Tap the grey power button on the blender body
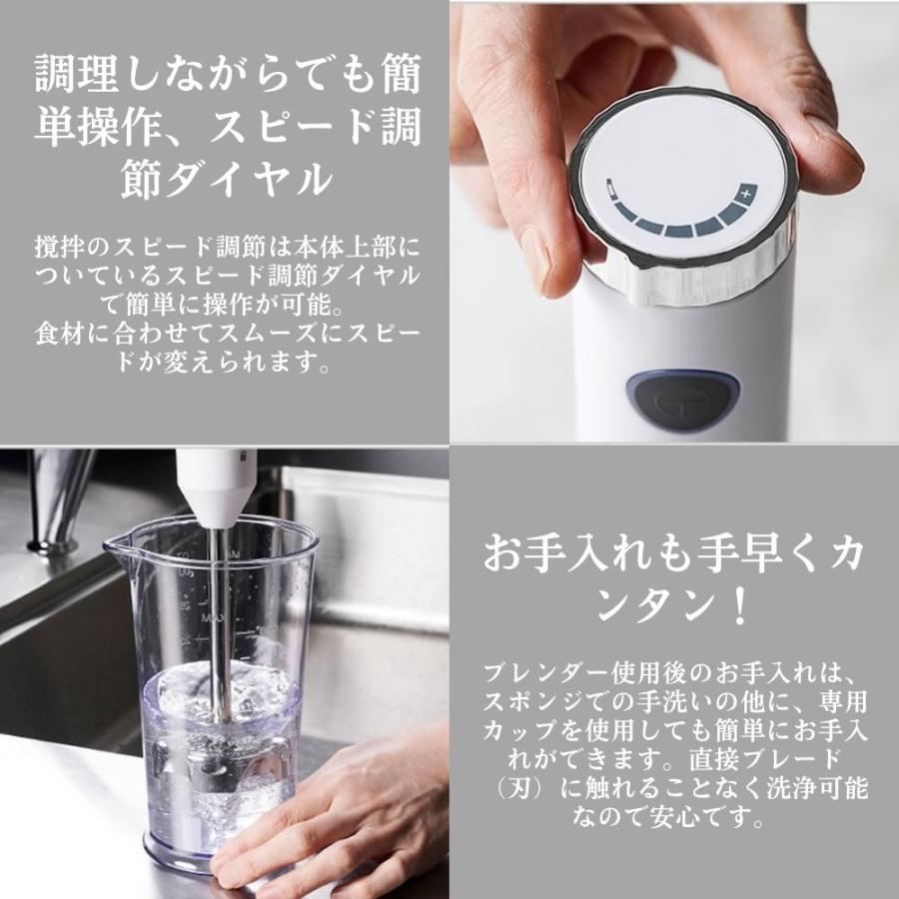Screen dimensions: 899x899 pos(682,399)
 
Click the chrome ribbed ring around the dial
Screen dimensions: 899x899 pos(699,270)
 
